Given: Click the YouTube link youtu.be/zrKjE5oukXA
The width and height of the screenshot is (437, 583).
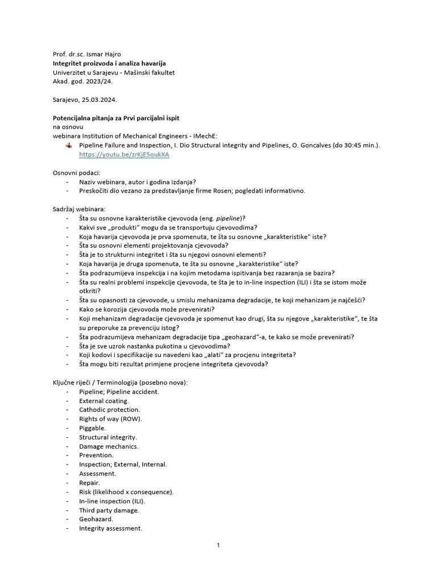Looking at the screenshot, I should click(124, 154).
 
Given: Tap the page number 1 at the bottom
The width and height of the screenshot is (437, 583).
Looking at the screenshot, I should click(218, 545).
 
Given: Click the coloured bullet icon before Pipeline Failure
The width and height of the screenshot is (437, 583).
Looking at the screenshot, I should click(69, 145).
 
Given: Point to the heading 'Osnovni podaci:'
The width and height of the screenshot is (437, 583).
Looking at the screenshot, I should click(76, 173).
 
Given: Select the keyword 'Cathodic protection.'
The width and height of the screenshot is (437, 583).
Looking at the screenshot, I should click(109, 409).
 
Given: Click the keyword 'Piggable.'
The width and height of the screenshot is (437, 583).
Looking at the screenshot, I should click(92, 428).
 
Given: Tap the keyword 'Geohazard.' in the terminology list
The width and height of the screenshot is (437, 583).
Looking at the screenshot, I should click(96, 519).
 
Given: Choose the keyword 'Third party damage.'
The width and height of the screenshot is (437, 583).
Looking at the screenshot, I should click(109, 510).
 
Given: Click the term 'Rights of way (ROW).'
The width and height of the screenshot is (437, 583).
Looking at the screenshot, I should click(110, 418).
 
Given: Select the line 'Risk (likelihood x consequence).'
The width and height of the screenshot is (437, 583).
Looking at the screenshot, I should click(126, 491).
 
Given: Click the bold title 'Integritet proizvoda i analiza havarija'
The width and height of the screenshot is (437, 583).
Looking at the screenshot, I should click(109, 63).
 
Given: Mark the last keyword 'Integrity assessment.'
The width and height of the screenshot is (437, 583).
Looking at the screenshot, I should click(110, 528).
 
